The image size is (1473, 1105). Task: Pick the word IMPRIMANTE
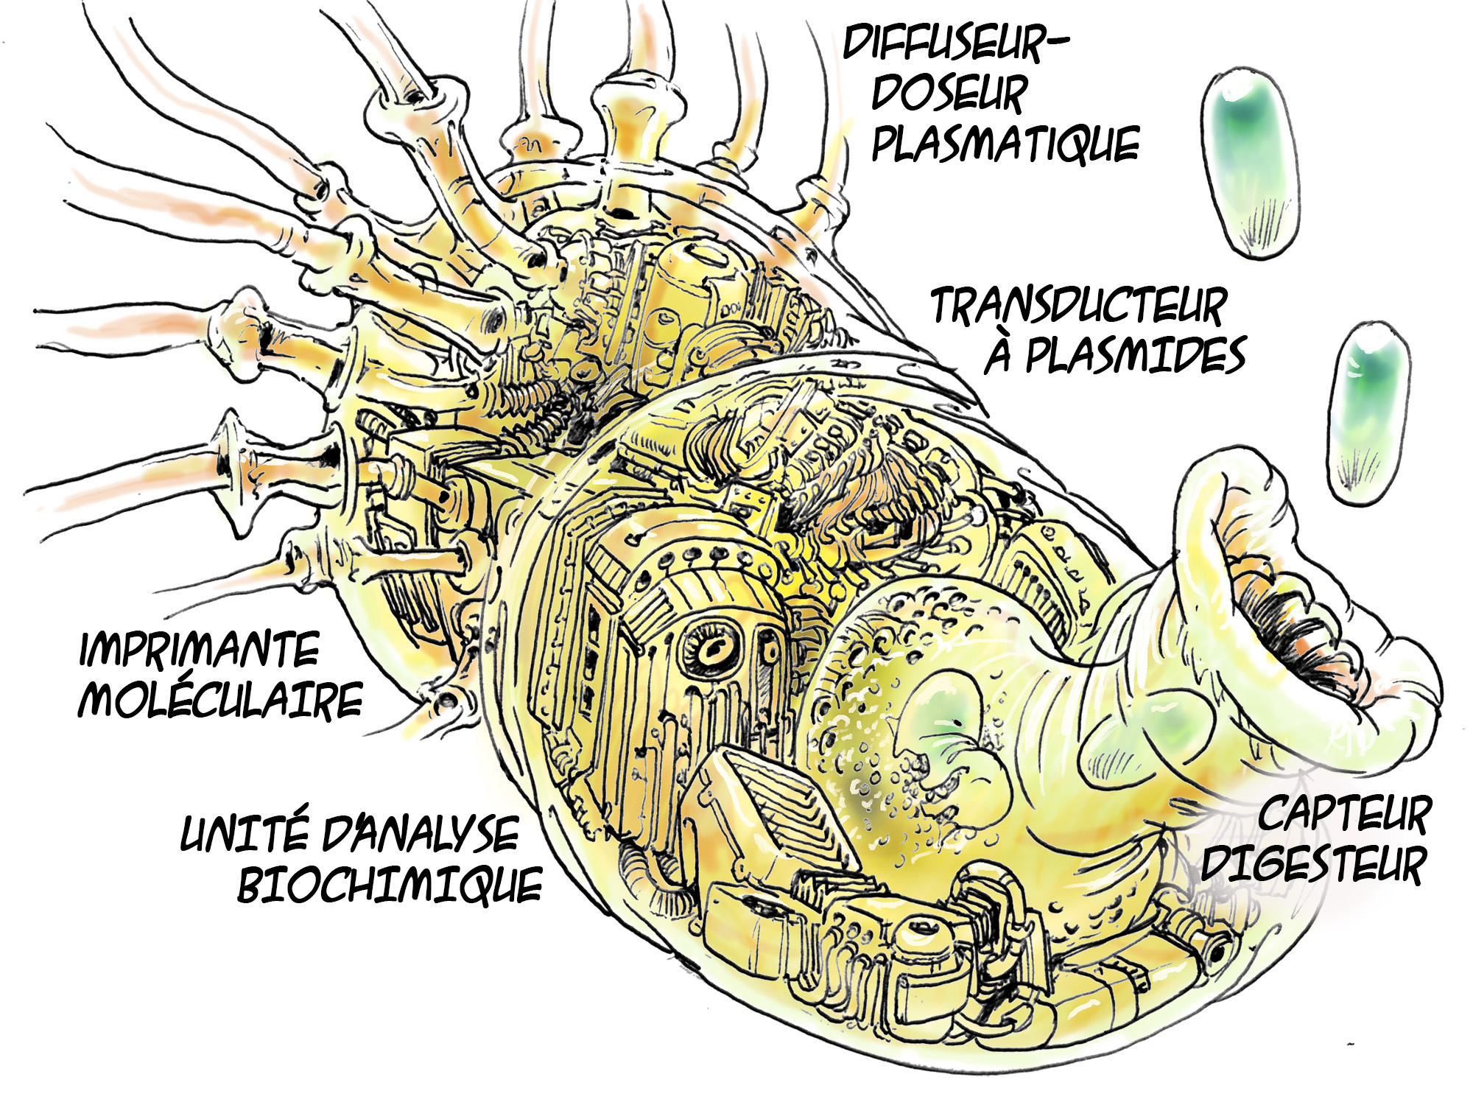(199, 649)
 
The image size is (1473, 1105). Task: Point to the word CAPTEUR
(1344, 815)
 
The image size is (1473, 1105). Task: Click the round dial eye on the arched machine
(712, 648)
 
